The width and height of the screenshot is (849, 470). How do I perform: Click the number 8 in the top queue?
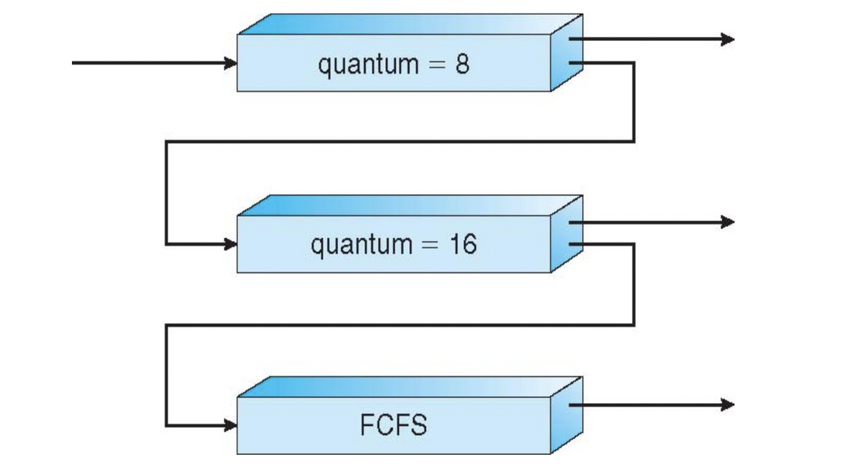click(x=462, y=64)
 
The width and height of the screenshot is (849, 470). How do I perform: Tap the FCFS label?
click(x=393, y=425)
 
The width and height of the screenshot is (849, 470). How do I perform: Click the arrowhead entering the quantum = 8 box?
click(x=230, y=63)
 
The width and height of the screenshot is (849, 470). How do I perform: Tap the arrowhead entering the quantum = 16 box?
click(x=230, y=244)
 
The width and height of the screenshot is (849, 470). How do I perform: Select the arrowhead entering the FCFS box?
click(x=230, y=425)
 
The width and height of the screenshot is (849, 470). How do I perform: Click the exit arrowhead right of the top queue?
click(x=728, y=39)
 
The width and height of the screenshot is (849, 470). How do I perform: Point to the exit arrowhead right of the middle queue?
click(x=728, y=222)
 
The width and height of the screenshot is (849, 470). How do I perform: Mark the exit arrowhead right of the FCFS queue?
click(x=728, y=405)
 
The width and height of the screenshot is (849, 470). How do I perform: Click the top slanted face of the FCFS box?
click(x=409, y=387)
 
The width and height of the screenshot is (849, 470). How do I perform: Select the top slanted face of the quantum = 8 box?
click(x=409, y=23)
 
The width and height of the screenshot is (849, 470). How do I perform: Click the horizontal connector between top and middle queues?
click(x=399, y=141)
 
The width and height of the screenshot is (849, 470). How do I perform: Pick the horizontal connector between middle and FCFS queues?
click(x=399, y=325)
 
